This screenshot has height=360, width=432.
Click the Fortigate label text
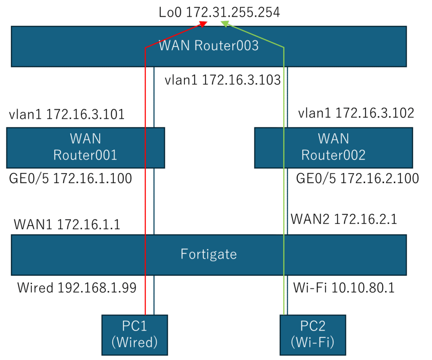coord(208,254)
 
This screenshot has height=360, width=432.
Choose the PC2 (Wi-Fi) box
coord(313,335)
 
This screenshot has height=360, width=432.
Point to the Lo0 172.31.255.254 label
coord(219,13)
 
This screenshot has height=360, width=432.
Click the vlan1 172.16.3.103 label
coord(223,80)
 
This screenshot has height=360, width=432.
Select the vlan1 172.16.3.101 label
coord(66,114)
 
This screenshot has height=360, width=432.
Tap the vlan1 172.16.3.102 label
coord(356,113)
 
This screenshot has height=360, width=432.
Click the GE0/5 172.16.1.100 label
coord(70,179)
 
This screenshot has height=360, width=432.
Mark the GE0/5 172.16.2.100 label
coord(357,179)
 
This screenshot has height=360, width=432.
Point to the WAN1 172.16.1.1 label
coord(67,224)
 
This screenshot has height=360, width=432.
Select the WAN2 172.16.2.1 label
coord(344,219)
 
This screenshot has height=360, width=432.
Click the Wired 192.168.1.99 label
coord(77,288)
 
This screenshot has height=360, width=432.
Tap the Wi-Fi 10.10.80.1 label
coord(343,288)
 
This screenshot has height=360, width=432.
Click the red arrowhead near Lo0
coord(202,24)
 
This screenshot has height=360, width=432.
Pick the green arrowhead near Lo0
coord(225,24)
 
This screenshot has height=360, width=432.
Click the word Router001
coord(85,155)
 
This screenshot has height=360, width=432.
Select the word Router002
coord(333,155)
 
